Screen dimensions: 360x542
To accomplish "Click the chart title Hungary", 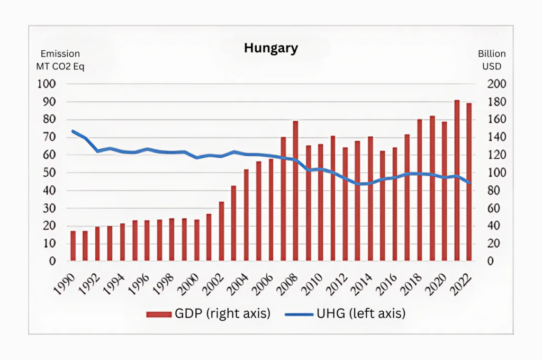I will click(271, 48).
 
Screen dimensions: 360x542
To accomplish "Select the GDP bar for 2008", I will click(296, 191).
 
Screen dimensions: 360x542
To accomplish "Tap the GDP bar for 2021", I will click(457, 181).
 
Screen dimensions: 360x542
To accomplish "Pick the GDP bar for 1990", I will click(73, 246).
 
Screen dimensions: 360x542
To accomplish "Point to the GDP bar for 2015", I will click(382, 206).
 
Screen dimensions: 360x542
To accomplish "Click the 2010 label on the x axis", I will click(313, 281).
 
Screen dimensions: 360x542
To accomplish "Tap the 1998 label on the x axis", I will click(165, 281).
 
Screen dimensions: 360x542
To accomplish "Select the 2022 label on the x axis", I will click(462, 281).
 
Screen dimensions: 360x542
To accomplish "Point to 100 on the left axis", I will click(46, 84).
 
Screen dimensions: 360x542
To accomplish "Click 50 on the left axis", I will click(49, 173).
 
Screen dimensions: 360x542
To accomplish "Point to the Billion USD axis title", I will click(491, 60).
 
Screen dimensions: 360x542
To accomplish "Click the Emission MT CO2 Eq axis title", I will click(60, 60).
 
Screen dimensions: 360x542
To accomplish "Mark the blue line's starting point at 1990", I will click(73, 131).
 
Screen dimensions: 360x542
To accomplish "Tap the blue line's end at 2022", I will click(469, 183).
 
